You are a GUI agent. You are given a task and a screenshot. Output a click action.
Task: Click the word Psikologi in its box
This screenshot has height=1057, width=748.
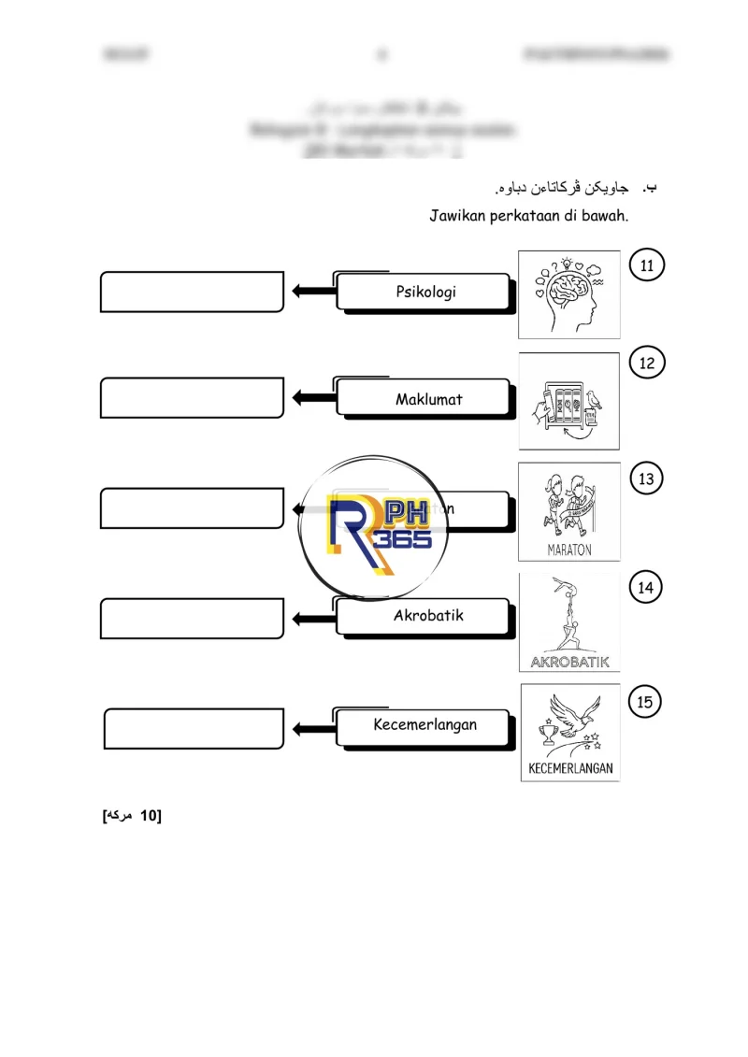(425, 292)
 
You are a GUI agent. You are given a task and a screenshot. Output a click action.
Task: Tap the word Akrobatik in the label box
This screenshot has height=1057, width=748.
(428, 616)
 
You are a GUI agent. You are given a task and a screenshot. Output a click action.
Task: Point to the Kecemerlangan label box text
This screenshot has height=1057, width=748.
(424, 724)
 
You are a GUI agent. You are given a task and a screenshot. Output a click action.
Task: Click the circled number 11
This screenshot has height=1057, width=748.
(647, 265)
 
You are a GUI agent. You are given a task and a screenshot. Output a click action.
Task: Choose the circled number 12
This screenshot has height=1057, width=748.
(647, 364)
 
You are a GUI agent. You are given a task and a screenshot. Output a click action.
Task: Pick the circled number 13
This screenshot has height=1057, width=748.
(646, 479)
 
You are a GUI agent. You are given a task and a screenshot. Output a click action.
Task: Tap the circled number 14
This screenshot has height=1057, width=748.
(645, 588)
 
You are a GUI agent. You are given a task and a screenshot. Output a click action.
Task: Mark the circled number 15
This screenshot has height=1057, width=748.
(645, 702)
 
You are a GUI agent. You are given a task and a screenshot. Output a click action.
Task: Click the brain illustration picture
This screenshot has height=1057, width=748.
(568, 293)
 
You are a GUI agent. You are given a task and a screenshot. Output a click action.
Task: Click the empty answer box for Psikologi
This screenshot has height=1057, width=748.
(192, 292)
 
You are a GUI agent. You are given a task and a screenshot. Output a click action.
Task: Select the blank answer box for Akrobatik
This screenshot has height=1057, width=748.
(192, 619)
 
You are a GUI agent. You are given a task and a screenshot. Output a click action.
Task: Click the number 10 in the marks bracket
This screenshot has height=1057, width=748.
(146, 816)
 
